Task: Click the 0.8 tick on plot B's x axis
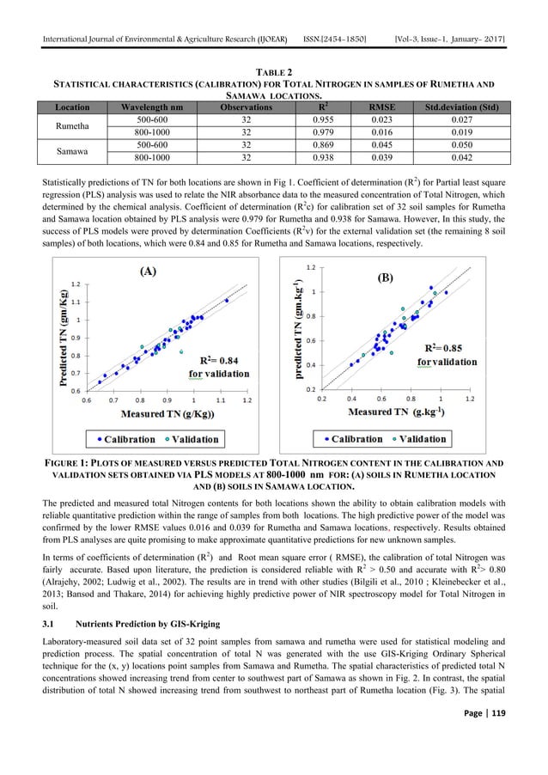[x=411, y=399]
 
